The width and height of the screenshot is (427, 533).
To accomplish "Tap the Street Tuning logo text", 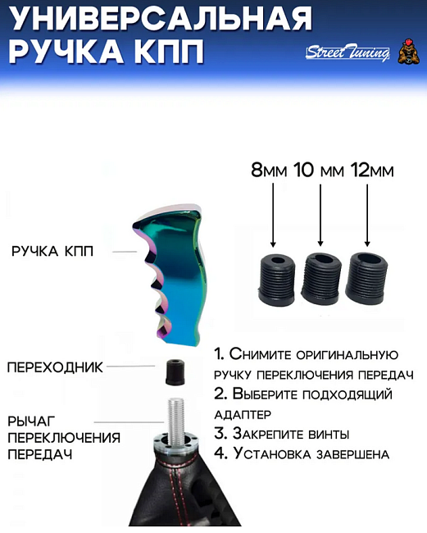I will pyautogui.click(x=348, y=53).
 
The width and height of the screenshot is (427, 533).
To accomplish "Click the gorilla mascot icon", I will pyautogui.click(x=407, y=52).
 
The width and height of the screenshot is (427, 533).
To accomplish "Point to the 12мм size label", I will pyautogui.click(x=371, y=171).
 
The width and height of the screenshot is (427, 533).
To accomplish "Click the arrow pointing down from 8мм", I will pyautogui.click(x=273, y=215).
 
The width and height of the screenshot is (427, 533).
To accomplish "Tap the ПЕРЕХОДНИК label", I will pyautogui.click(x=55, y=367).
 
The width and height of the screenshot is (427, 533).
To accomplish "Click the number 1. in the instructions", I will pyautogui.click(x=220, y=354).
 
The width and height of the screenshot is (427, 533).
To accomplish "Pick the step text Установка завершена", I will pyautogui.click(x=311, y=453).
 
